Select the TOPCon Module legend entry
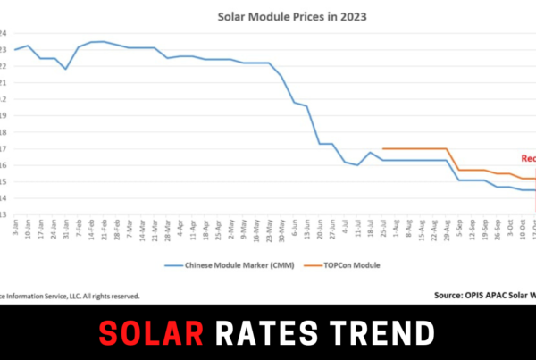click(x=342, y=265)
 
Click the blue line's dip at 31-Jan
click(x=66, y=69)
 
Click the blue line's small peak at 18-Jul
click(x=371, y=153)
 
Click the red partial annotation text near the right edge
click(x=528, y=158)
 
